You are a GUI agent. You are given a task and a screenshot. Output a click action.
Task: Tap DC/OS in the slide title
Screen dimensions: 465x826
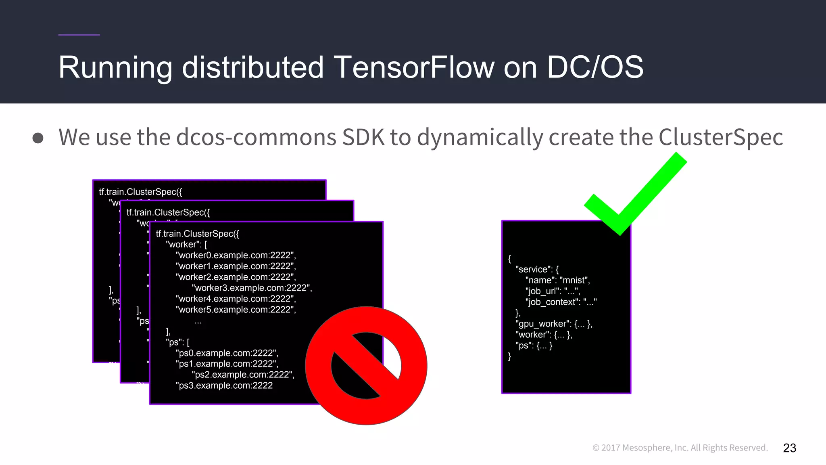[594, 67]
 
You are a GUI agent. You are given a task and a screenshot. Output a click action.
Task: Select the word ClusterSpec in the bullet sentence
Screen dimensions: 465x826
[720, 137]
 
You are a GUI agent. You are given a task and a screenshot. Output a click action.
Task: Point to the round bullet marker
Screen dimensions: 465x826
[38, 138]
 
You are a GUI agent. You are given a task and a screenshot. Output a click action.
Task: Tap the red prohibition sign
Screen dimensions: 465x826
[366, 366]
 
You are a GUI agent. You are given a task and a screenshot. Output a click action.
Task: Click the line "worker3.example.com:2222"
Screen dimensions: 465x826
[252, 288]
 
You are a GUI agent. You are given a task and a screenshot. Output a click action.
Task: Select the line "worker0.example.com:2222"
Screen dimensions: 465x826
[236, 255]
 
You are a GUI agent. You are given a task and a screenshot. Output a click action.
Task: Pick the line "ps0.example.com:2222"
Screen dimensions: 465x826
[227, 353]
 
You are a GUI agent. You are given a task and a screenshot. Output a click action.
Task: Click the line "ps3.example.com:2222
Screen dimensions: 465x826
[224, 385]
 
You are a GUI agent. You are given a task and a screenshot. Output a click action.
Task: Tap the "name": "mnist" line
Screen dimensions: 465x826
[557, 280]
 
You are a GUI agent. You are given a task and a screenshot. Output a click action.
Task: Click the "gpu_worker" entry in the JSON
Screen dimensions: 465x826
[553, 324]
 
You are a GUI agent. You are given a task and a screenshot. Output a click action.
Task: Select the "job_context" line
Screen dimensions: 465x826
[561, 302]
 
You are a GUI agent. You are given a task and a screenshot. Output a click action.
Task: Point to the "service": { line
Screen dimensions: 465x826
[537, 269]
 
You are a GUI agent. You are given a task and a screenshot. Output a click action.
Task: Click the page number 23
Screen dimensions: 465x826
[789, 448]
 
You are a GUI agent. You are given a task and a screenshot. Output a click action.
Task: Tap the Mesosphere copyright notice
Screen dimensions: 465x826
[680, 448]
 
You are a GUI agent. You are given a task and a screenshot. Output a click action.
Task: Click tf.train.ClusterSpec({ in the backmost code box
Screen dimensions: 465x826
[140, 192]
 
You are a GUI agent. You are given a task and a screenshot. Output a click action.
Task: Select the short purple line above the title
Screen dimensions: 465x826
[79, 35]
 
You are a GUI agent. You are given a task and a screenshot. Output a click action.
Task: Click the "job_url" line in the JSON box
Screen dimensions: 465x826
[552, 291]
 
